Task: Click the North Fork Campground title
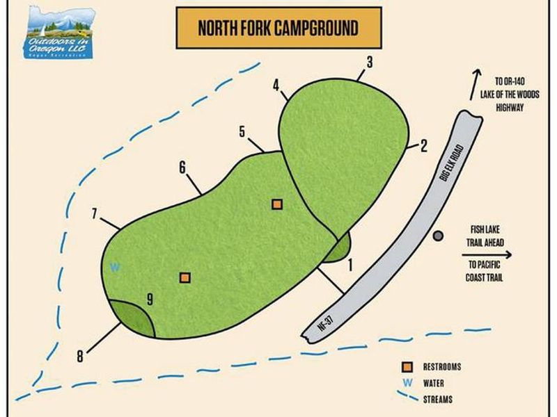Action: click(278, 28)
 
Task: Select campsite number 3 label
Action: click(370, 63)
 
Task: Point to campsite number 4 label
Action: click(276, 87)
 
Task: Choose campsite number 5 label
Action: click(242, 131)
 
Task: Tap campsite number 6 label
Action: click(182, 167)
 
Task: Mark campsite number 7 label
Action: click(93, 213)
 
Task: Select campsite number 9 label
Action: click(149, 300)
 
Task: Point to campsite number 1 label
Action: click(350, 264)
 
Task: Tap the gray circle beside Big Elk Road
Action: click(437, 236)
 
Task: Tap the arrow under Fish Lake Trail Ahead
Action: click(487, 255)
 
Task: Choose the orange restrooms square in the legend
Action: click(407, 366)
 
